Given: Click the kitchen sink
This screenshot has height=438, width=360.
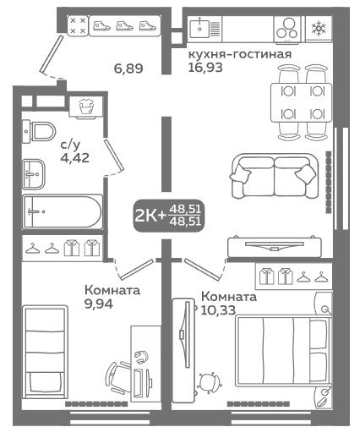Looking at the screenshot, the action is (199, 29).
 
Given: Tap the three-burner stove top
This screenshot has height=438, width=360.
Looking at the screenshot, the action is (287, 30).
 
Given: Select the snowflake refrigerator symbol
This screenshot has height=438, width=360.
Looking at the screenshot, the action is (319, 29).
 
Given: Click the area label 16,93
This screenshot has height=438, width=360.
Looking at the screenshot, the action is (205, 67).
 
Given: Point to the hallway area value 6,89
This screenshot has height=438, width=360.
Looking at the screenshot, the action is (128, 68).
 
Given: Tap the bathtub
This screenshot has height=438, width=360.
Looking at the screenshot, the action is (63, 211).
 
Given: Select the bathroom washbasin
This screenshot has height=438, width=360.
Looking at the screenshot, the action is (34, 174).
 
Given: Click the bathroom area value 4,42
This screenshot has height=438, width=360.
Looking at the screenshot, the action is (74, 158).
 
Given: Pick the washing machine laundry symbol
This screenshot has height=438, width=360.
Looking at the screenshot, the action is (85, 107).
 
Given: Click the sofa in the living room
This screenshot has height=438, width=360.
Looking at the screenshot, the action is (274, 176).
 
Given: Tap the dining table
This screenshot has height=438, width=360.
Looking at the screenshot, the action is (302, 102).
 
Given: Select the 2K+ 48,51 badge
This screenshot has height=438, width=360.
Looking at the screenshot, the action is (168, 216).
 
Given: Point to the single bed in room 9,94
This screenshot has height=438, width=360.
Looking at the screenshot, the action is (45, 352).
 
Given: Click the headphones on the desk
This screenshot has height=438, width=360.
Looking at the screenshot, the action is (141, 357).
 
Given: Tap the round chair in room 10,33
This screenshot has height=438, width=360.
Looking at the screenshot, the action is (209, 383).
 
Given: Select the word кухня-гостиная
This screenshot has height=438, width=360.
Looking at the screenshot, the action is (240, 54).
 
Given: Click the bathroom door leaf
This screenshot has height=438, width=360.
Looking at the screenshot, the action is (114, 155).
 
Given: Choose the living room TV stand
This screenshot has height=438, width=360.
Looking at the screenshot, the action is (275, 247).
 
